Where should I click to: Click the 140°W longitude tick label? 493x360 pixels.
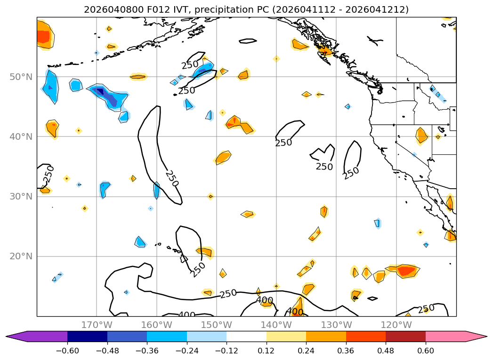[x=276, y=325]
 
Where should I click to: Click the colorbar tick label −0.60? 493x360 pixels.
[x=67, y=351]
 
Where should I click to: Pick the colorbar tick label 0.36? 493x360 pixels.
[x=346, y=351]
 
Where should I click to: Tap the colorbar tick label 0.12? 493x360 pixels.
[x=267, y=351]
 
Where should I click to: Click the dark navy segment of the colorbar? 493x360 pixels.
[x=87, y=336]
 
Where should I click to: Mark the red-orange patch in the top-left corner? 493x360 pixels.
[x=43, y=36]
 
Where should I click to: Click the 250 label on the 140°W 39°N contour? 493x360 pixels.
[x=283, y=142]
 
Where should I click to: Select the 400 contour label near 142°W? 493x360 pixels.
[x=265, y=300]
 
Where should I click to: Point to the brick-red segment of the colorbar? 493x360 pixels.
[x=405, y=336]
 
